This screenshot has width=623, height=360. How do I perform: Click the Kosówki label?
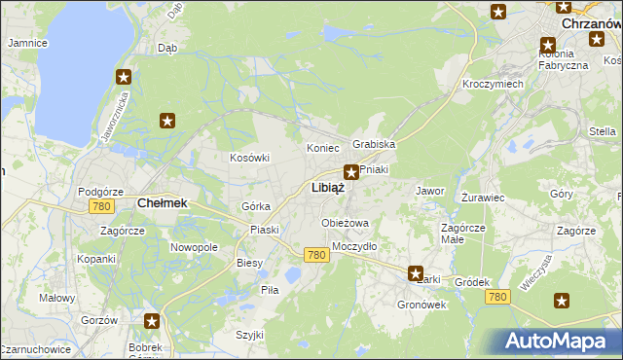[249, 158]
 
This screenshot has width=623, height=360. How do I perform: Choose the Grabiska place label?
[374, 144]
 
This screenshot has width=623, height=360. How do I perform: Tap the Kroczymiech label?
[493, 84]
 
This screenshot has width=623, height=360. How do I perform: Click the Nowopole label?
[194, 247]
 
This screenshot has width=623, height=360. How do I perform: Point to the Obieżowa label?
[346, 223]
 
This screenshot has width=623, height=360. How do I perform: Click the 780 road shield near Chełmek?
[100, 207]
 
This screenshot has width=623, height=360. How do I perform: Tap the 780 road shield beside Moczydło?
[314, 255]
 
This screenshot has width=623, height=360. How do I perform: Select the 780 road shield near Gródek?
[498, 296]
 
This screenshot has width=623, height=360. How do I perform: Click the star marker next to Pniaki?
[351, 172]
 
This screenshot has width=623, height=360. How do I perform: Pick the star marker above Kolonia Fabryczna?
[547, 44]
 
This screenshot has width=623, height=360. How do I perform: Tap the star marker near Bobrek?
[152, 320]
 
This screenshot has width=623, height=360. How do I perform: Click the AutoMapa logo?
[558, 341]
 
